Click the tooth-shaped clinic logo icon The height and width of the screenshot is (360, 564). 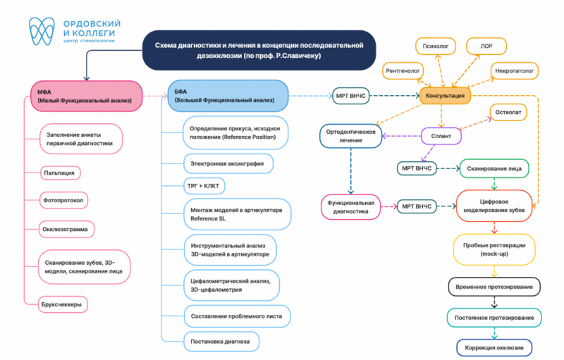click(42, 31)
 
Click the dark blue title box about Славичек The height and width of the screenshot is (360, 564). click(259, 50)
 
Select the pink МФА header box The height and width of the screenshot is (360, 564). click(86, 97)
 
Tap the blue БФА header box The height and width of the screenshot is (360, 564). click(228, 96)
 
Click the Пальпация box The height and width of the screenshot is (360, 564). click(60, 173)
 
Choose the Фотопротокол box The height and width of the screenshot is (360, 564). click(63, 200)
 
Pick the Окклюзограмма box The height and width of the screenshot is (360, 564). click(66, 229)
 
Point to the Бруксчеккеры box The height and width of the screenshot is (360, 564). click(63, 304)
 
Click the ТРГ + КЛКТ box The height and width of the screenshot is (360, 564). click(204, 186)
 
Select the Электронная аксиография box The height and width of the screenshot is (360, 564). click(228, 163)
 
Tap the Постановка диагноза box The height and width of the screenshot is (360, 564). click(221, 341)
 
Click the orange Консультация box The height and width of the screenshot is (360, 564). click(445, 96)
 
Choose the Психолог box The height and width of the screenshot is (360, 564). click(436, 46)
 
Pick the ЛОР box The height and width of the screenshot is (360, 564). click(486, 46)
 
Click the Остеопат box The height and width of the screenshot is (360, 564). click(508, 112)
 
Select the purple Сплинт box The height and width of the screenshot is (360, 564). click(441, 136)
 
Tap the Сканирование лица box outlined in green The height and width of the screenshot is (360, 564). click(494, 168)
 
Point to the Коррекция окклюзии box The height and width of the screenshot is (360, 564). click(494, 348)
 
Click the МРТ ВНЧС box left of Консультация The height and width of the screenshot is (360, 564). click(350, 96)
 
